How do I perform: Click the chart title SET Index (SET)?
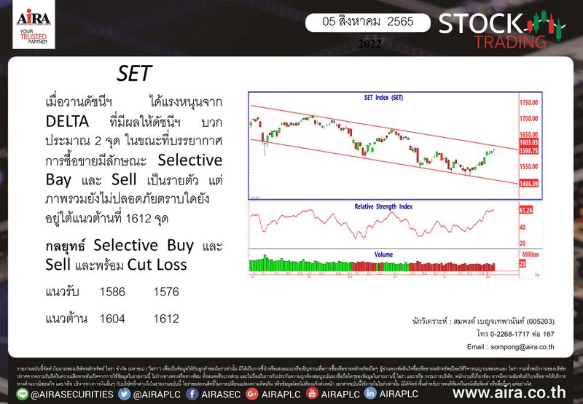(x=383, y=97)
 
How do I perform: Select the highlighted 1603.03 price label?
(x=528, y=143)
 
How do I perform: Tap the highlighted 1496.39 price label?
(x=528, y=184)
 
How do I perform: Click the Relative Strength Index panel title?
(x=383, y=207)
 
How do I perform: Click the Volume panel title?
(x=383, y=255)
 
